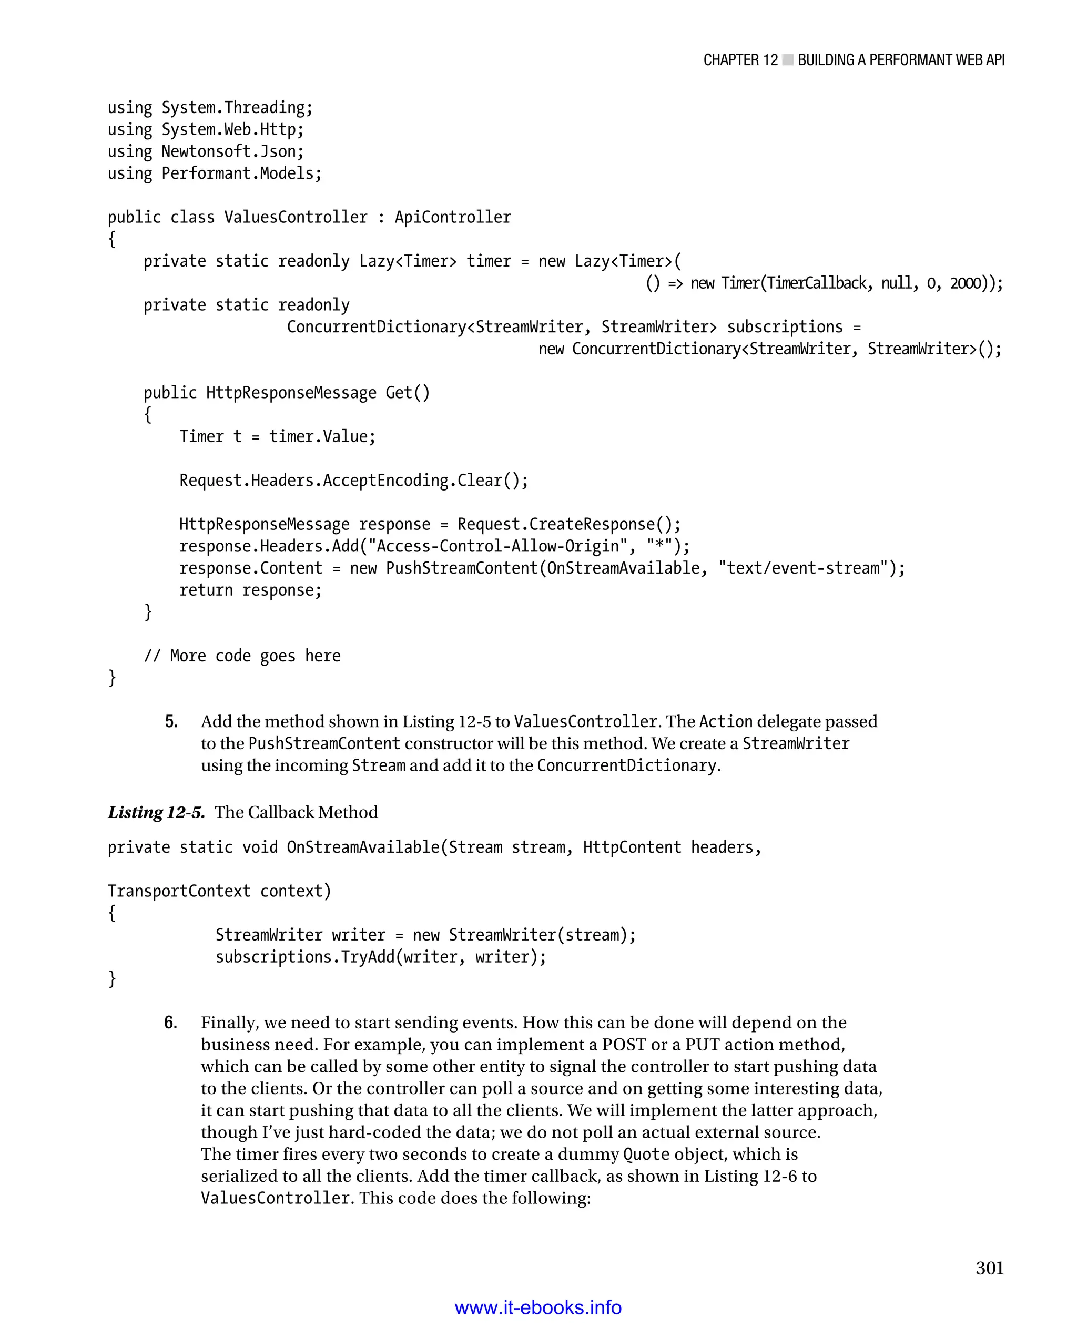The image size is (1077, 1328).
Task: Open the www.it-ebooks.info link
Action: pos(538,1307)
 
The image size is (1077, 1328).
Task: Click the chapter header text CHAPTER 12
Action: pos(740,60)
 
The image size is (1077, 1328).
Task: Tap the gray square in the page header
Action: pos(788,60)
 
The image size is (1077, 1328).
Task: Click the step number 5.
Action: pos(171,721)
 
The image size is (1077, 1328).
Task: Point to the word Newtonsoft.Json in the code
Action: pos(232,151)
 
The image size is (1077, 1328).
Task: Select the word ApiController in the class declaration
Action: pos(453,217)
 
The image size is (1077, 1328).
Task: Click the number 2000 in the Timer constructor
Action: pos(966,283)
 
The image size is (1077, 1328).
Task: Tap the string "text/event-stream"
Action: pos(804,568)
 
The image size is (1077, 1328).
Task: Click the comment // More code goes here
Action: pos(242,656)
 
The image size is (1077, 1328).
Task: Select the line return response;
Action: pos(251,590)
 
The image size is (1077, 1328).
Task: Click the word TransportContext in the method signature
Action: pos(179,891)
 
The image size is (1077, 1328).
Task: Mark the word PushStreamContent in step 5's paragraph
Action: pos(324,744)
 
